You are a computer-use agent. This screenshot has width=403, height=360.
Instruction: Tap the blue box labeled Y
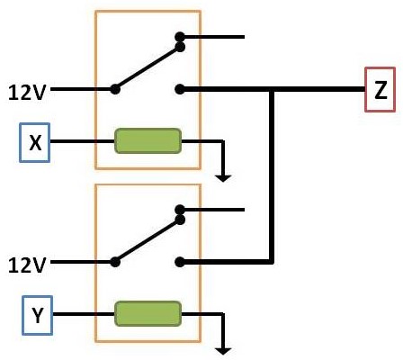click(36, 316)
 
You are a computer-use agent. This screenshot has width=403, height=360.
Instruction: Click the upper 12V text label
click(25, 90)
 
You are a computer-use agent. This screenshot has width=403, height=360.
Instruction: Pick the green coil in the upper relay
click(148, 141)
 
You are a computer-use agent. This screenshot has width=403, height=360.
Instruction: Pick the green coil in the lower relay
click(148, 315)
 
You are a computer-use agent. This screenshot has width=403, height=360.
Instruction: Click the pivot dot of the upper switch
click(114, 89)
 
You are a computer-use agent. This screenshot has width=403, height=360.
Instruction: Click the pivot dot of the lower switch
click(114, 263)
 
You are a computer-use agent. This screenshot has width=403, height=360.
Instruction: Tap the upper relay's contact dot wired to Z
click(180, 89)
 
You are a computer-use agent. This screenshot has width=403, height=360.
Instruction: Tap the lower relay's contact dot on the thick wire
click(180, 262)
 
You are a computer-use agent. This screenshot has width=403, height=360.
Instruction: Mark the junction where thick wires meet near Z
click(271, 89)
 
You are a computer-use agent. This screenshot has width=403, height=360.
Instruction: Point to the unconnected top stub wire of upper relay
click(216, 37)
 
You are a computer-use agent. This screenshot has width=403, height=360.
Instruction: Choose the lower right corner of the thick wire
click(271, 262)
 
